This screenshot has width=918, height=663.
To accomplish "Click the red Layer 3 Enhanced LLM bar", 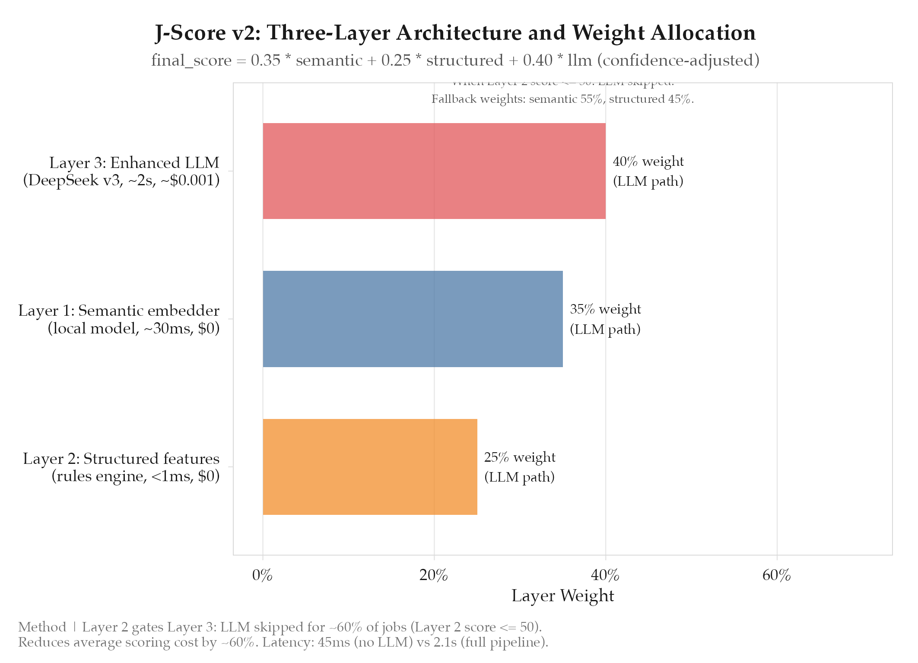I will pos(434,171).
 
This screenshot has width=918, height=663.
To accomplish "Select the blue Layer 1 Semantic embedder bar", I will pos(413,319).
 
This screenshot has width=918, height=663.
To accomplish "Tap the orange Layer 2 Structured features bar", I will pos(370,466).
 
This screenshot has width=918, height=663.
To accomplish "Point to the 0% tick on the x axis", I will pos(262,575).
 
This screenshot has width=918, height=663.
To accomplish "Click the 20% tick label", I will pos(434,575).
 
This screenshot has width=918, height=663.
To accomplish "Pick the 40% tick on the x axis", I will pos(605,575).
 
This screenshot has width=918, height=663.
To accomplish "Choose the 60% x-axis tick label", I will pos(776,575).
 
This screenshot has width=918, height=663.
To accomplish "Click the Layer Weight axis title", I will pos(562,596).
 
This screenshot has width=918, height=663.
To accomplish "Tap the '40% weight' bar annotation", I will pos(648,162).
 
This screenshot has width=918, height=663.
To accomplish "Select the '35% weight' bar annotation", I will pos(605,310).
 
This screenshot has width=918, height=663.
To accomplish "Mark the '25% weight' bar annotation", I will pos(520,457).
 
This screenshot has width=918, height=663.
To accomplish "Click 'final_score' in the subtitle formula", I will pos(191,60).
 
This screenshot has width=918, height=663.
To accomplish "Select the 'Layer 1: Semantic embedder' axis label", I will pos(119,311).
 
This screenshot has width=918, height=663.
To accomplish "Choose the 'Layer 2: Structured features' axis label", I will pos(121,459).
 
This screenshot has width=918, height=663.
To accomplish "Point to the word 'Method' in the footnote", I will pos(42,627).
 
